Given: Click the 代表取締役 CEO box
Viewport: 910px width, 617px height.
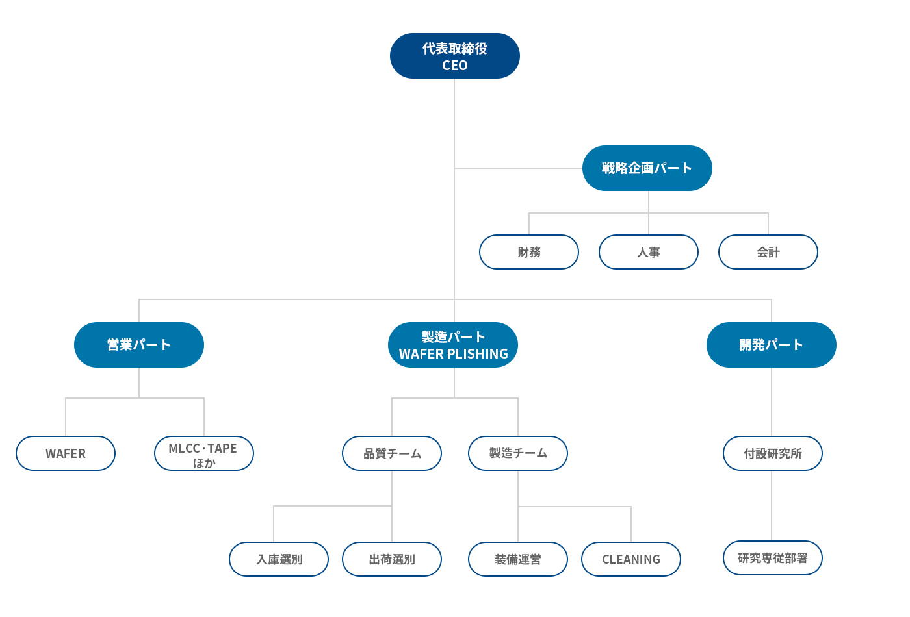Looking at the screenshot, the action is (x=454, y=56).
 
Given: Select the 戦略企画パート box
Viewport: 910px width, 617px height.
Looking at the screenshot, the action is (x=647, y=168).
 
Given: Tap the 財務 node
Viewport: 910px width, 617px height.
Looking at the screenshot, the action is (x=529, y=252).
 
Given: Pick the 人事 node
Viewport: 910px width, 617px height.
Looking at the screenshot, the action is (x=649, y=252).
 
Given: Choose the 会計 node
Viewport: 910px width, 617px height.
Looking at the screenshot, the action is (x=768, y=252).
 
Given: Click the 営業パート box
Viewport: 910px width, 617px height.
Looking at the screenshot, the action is (x=139, y=345).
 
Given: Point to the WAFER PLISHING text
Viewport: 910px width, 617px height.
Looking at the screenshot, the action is (x=454, y=354).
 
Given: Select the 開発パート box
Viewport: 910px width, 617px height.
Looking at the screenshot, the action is (x=772, y=345).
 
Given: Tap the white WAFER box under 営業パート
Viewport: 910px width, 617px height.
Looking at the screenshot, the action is (x=66, y=453).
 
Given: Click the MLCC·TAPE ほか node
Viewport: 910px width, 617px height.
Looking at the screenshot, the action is (x=204, y=453).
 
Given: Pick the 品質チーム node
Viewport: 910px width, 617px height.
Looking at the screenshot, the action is (x=392, y=453).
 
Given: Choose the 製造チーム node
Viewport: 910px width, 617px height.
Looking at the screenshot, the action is (x=518, y=453).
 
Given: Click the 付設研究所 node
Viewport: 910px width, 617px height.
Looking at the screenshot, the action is (x=773, y=453).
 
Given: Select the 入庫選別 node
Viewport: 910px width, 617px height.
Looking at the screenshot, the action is (x=279, y=559).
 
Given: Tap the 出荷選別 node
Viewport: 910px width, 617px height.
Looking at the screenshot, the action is (x=392, y=559).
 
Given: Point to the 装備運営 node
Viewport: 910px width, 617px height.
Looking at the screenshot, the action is (x=518, y=559).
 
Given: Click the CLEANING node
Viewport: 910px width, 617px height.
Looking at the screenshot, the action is (x=631, y=559).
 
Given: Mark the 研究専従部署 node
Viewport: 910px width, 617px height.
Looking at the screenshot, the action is (x=773, y=558).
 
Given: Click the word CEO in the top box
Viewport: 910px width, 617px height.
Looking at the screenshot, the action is (x=454, y=66).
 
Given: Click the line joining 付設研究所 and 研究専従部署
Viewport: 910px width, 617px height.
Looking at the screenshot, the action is (x=772, y=506).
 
